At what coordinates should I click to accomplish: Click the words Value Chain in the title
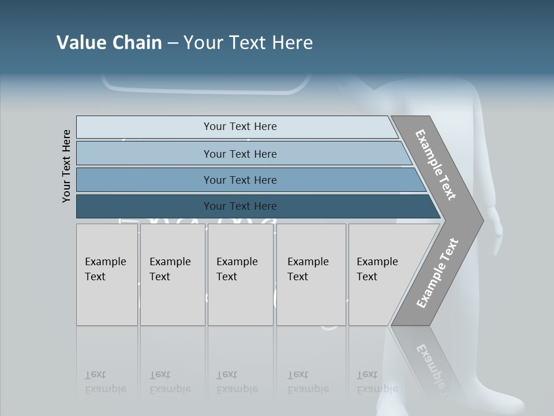point(109,43)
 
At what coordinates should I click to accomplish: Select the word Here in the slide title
point(292,43)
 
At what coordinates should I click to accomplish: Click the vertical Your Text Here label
point(66,166)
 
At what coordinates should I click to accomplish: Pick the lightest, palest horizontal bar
point(239,127)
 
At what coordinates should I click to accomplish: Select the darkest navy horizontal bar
point(239,206)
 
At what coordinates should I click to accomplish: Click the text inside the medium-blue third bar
point(239,180)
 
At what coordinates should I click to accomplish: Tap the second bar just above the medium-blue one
point(239,154)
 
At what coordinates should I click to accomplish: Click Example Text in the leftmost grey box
point(105,269)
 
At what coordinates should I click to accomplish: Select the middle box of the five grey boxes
point(239,274)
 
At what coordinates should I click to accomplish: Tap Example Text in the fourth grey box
point(308,269)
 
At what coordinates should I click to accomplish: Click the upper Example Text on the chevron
point(436,165)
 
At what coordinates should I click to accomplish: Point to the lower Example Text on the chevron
point(437,273)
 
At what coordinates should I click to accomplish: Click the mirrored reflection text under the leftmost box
point(105,382)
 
